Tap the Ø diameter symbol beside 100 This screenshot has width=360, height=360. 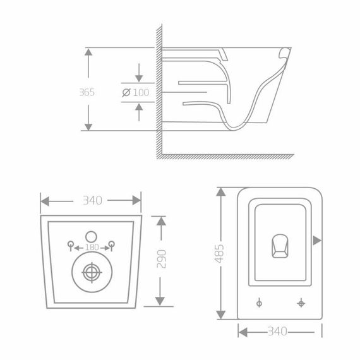(x=126, y=92)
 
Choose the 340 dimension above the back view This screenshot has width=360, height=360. (x=91, y=201)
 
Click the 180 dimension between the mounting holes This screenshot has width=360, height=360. (x=91, y=247)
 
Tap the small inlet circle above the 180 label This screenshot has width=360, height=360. (x=91, y=231)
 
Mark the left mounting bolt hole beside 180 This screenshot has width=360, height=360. (x=71, y=245)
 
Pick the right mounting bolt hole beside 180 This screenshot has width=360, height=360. (x=111, y=245)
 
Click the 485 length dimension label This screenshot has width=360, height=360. (x=220, y=255)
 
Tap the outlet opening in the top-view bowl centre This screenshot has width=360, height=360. (x=279, y=246)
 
